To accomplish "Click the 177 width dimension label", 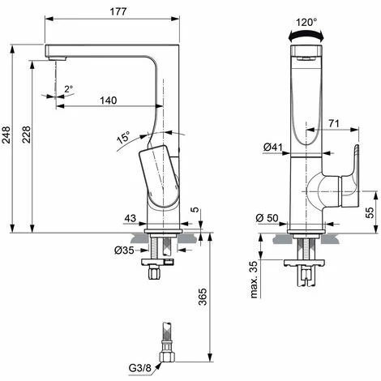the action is coord(118,11).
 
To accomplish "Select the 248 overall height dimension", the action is coord(6,135).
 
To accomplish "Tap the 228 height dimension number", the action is coord(26,135).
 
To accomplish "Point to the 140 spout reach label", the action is coord(109,101).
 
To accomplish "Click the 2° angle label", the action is coord(69,89).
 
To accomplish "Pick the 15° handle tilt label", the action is coord(123,137).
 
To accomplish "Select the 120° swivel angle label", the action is coord(306,22).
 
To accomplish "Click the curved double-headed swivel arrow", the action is coord(306,35).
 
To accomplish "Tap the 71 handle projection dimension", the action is coord(334,123).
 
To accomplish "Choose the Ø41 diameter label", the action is coord(273,148).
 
